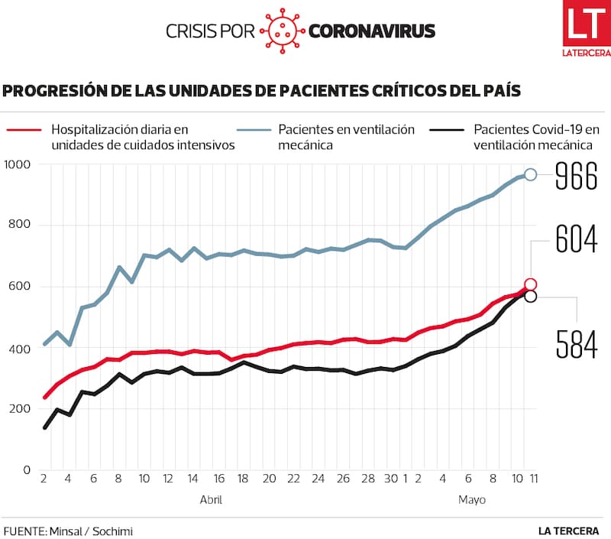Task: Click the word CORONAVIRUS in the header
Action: click(372, 31)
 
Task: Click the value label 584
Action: click(577, 344)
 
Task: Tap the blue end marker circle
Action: click(531, 175)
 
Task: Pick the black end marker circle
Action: click(531, 296)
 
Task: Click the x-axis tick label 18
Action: click(243, 479)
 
